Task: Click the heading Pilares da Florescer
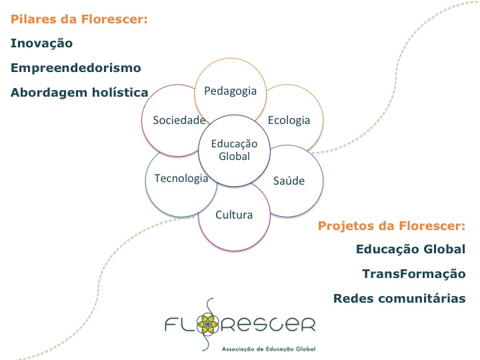79,19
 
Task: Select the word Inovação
41,43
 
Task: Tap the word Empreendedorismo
76,68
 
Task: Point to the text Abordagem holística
79,93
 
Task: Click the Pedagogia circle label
231,91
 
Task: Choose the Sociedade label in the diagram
179,120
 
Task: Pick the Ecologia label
289,120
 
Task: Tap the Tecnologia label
181,178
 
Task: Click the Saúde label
289,181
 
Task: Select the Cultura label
234,215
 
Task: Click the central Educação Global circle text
234,150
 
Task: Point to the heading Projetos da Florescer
391,226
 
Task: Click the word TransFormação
414,274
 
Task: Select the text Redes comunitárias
399,298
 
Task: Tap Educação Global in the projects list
411,249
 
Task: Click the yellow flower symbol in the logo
207,324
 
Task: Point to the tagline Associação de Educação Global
269,349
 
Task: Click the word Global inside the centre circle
234,156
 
